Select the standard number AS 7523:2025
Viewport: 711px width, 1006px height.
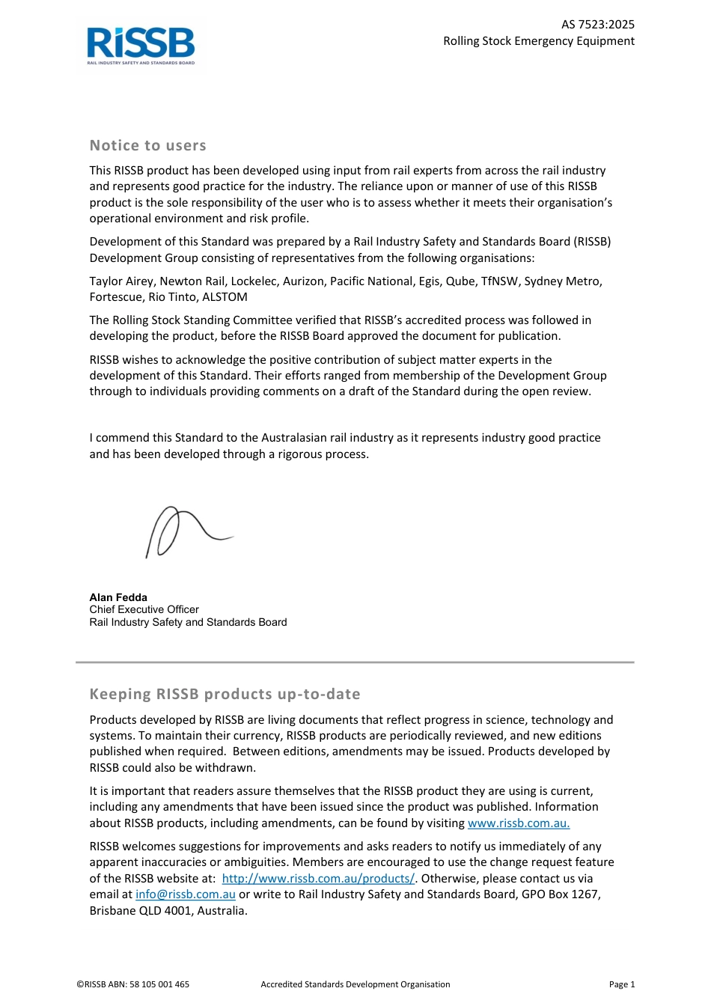click(x=597, y=25)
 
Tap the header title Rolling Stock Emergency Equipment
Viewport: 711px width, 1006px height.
click(x=538, y=41)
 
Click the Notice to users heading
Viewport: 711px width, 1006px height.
click(x=147, y=146)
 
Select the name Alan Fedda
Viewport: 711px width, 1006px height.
click(x=118, y=597)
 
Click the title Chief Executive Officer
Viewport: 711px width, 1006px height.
click(x=144, y=609)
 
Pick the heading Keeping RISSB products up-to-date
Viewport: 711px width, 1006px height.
click(x=225, y=695)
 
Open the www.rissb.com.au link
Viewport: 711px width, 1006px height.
click(x=519, y=823)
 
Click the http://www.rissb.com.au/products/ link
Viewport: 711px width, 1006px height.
click(x=318, y=879)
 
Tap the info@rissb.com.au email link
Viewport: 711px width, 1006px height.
click(x=185, y=894)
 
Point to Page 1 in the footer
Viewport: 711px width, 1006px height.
click(x=621, y=984)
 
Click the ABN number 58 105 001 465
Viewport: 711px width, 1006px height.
click(x=159, y=984)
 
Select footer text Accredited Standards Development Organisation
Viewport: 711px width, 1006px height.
click(x=355, y=984)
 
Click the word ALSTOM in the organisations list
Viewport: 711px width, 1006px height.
click(x=225, y=297)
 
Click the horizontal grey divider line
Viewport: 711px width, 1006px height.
click(x=355, y=662)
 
